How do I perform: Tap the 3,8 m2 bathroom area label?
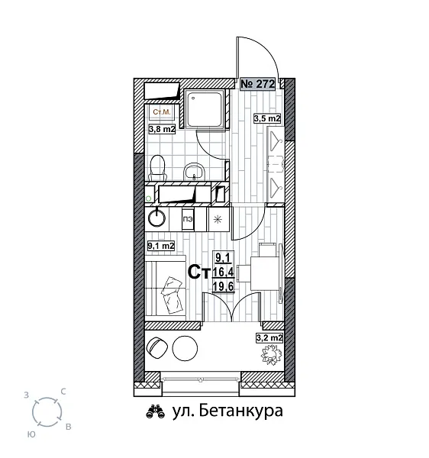(x=161, y=130)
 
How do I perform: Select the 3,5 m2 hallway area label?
(x=267, y=118)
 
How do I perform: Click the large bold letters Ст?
(x=199, y=273)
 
